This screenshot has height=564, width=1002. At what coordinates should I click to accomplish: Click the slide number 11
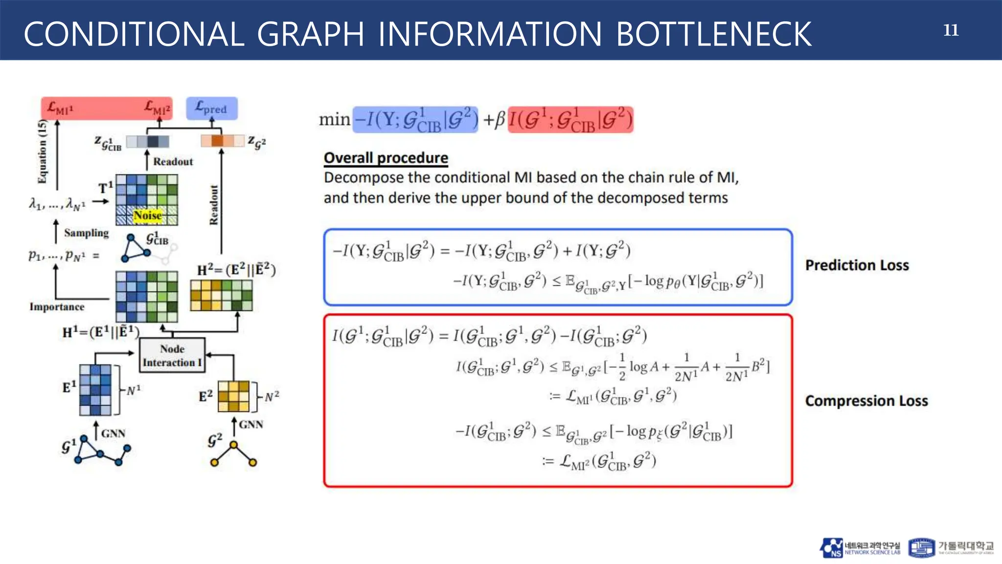click(951, 30)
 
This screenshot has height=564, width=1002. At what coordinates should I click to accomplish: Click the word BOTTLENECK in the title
click(714, 34)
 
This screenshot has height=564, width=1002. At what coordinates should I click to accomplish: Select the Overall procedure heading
click(386, 158)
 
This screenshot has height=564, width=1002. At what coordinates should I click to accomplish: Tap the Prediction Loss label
click(857, 265)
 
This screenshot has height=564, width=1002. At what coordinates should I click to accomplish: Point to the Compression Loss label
click(866, 401)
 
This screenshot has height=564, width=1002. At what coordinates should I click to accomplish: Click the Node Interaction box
click(172, 355)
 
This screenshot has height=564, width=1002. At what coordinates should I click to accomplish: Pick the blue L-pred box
click(211, 108)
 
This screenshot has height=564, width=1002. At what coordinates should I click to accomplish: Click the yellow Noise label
click(147, 215)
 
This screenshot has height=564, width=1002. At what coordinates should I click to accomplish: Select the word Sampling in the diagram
click(86, 233)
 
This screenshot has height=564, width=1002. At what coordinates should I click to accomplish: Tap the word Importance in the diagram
click(57, 307)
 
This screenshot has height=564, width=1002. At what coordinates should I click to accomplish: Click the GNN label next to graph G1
click(113, 433)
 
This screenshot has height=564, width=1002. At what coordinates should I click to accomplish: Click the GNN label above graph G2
click(250, 424)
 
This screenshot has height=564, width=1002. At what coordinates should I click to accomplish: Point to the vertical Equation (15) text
click(43, 152)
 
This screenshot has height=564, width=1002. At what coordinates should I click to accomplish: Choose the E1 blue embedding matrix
click(95, 390)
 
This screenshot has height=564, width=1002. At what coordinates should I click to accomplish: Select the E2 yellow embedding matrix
click(233, 396)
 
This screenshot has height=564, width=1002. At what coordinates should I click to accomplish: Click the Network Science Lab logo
click(860, 548)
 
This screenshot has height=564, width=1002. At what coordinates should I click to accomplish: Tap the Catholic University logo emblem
click(921, 548)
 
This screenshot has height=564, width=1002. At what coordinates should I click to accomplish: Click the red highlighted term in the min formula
click(570, 120)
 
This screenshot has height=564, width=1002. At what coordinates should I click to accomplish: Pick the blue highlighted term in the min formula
click(415, 120)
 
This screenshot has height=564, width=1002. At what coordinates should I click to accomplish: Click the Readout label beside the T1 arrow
click(173, 162)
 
